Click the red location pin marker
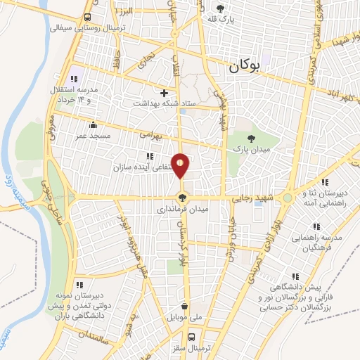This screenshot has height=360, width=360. pyautogui.click(x=181, y=166)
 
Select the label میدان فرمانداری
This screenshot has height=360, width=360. pyautogui.click(x=182, y=209)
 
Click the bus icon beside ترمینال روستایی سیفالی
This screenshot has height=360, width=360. pyautogui.click(x=86, y=17)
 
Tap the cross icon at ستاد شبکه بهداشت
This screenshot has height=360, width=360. pyautogui.click(x=165, y=92)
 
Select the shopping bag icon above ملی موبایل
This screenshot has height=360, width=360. pyautogui.click(x=184, y=307)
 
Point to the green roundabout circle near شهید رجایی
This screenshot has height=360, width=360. pyautogui.click(x=288, y=199)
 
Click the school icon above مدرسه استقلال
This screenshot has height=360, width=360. pyautogui.click(x=75, y=79)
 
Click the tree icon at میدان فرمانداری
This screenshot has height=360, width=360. pyautogui.click(x=183, y=198)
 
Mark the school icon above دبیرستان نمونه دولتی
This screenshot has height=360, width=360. pyautogui.click(x=79, y=285)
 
